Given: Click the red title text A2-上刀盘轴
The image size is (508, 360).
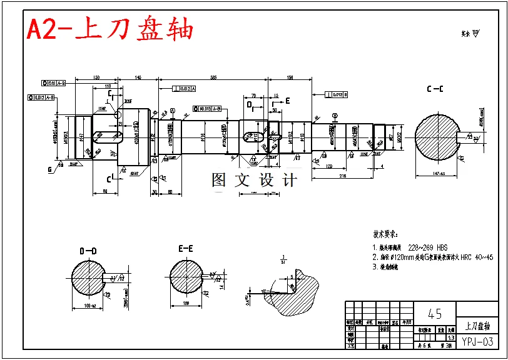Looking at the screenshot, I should (x=110, y=29).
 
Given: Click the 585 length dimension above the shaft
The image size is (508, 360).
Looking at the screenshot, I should (x=213, y=77).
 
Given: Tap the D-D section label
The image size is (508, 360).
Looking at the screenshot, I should (x=88, y=251).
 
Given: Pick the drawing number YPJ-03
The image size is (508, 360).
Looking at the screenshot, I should (x=478, y=341).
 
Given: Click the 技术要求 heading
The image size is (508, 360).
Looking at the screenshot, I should (x=385, y=235).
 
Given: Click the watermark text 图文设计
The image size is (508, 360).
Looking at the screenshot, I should (x=254, y=181).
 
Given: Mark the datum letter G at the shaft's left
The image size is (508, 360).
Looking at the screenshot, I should (x=49, y=169).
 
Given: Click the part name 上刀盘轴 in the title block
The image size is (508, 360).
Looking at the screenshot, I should (x=478, y=326).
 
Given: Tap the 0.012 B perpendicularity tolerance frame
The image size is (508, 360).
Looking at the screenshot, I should (x=336, y=95).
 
